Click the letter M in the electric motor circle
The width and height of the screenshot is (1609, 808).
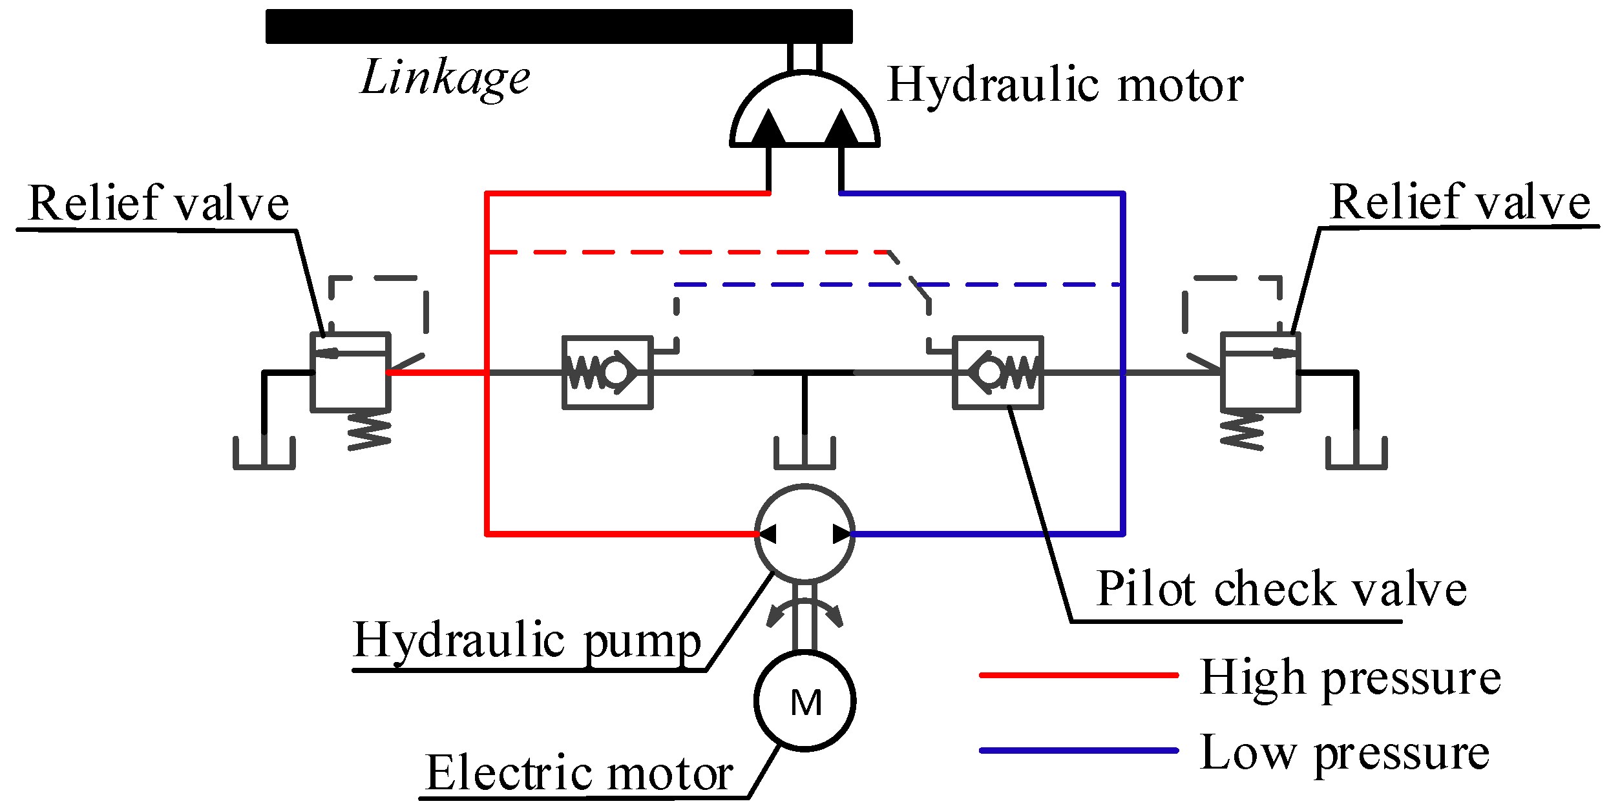(x=806, y=703)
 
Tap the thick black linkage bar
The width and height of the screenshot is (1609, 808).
(x=559, y=26)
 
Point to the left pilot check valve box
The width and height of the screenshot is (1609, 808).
(x=607, y=373)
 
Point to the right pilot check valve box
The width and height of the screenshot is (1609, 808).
(x=998, y=373)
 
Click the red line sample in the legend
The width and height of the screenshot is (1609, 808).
(x=1079, y=675)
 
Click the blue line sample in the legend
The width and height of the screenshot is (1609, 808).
(x=1079, y=751)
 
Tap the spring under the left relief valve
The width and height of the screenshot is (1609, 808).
(x=370, y=431)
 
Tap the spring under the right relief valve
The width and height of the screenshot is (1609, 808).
(x=1242, y=431)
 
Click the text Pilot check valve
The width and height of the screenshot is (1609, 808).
(x=1281, y=589)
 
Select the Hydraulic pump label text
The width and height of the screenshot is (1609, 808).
(x=527, y=641)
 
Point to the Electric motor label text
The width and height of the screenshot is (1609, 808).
(x=580, y=773)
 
